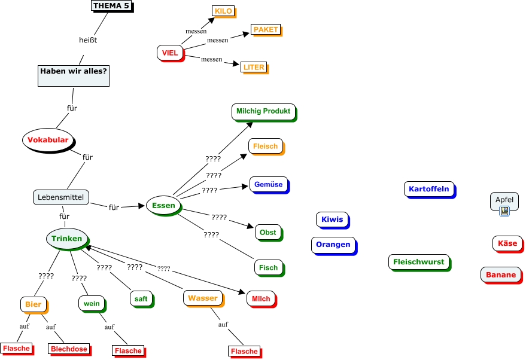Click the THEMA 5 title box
pos(111,6)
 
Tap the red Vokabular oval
pos(48,140)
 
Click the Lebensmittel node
pos(61,197)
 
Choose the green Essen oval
pos(163,206)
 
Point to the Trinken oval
pos(66,239)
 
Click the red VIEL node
pos(170,53)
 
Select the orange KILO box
pos(223,11)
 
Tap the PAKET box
pos(265,29)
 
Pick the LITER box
pos(254,68)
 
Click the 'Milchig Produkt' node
pos(263,111)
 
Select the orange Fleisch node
pos(265,146)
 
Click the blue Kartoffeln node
pos(428,189)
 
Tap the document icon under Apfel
pos(504,210)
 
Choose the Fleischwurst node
pos(419,262)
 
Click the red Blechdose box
pos(69,349)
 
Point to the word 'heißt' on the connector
pos(88,39)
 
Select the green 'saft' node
pos(141,298)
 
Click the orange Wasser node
pos(202,298)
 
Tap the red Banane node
pos(500,275)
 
